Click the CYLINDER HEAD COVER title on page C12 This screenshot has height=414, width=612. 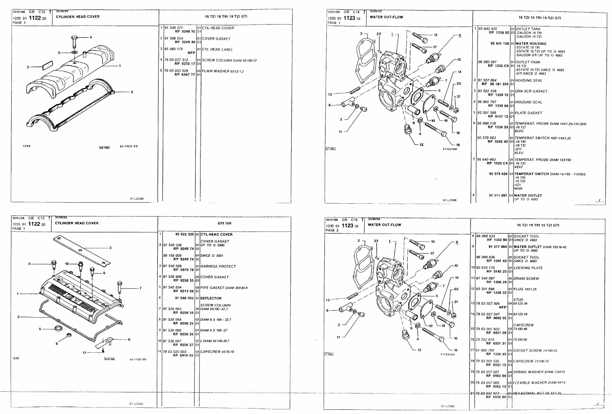[x=77, y=16]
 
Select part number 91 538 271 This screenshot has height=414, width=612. [x=174, y=27]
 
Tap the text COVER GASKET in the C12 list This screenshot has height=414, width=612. [x=216, y=39]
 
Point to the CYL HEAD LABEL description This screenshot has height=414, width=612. [x=217, y=49]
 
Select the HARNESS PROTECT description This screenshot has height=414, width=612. [x=218, y=266]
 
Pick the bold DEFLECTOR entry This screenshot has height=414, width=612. [x=211, y=298]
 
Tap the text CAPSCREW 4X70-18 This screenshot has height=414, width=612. [x=217, y=352]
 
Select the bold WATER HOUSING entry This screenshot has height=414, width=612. [x=531, y=44]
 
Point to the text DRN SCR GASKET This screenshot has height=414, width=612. [x=531, y=91]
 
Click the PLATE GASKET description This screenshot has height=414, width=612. [x=529, y=113]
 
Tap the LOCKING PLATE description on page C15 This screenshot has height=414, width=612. [x=528, y=268]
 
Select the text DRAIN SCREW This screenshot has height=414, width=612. [x=526, y=279]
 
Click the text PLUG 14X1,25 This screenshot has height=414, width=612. [x=525, y=289]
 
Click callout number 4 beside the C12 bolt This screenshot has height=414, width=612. [x=91, y=37]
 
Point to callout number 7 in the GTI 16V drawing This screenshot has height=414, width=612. [x=140, y=288]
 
